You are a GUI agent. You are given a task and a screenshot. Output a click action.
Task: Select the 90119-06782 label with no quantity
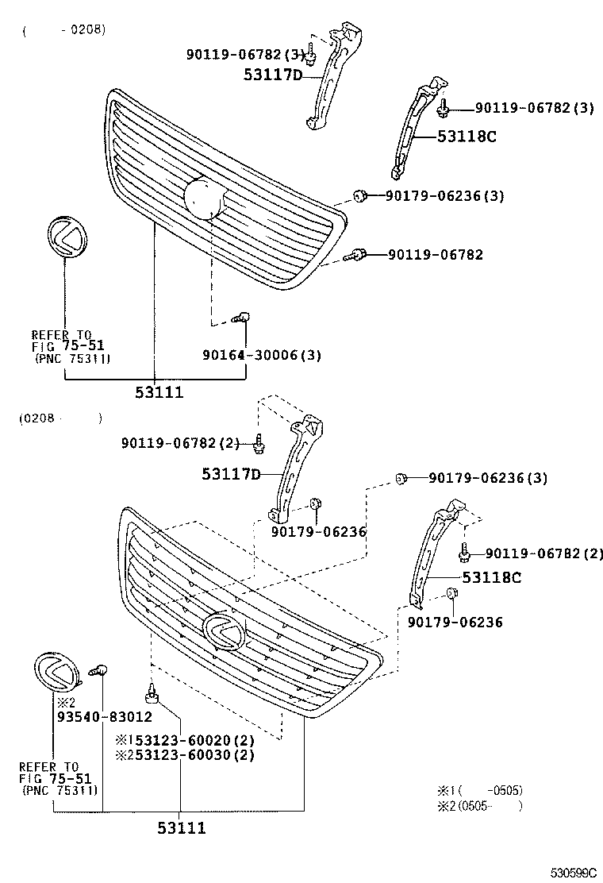pos(435,255)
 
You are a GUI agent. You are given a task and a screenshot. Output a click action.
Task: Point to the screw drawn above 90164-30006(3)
pos(240,318)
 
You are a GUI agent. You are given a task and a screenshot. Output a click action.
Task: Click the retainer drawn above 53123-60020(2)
pos(152,696)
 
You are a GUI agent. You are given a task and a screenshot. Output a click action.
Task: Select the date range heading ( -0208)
pos(63,31)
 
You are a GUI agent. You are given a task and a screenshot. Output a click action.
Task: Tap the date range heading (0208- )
pos(60,418)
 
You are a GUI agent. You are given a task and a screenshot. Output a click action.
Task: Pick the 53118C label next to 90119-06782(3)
pos(467,136)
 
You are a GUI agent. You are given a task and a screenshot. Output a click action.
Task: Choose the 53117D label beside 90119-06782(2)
pos(230,474)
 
